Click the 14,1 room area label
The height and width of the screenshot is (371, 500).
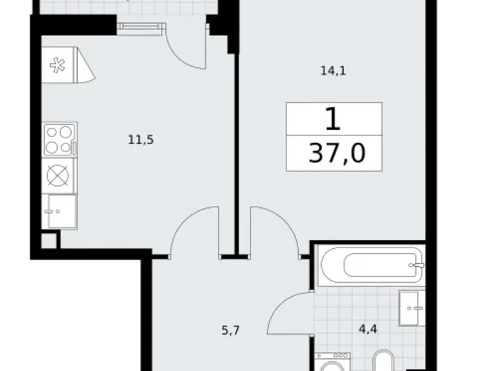pos(333,71)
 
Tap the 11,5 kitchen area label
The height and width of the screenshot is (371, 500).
pos(141,139)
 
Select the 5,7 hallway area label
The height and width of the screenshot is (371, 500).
pos(231,331)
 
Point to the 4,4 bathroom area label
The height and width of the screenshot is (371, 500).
pos(368,329)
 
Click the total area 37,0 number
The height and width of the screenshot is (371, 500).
pos(337,154)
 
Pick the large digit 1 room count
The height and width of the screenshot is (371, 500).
pos(333,119)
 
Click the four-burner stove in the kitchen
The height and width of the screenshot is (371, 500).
pos(60,139)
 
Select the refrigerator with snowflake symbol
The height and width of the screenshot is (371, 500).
pos(67,65)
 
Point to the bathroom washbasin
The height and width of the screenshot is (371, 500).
pos(412,308)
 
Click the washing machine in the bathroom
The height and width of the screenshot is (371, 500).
pos(332,362)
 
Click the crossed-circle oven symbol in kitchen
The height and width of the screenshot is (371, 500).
pos(58,176)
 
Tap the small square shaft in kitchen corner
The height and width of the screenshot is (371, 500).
pos(49,241)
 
